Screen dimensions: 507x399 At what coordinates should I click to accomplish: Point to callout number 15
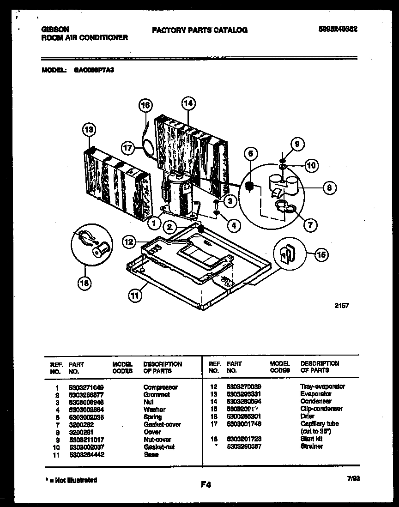coord(322,253)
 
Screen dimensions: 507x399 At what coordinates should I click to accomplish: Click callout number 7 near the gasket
coord(309,225)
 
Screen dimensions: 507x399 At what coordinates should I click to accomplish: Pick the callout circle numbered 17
coord(128,148)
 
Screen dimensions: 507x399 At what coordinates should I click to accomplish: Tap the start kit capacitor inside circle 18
coord(101,250)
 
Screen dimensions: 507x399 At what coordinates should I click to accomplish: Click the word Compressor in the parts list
coord(160,387)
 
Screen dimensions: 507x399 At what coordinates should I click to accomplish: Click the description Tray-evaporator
coord(322,386)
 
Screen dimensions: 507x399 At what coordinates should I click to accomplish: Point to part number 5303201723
coord(244,439)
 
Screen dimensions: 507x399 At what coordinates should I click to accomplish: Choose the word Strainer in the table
coord(312,446)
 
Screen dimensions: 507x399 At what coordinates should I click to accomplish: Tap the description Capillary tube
coord(319,424)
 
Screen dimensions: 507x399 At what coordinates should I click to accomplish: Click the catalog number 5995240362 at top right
coord(339,29)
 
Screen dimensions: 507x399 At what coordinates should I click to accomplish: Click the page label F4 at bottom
coord(206,485)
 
